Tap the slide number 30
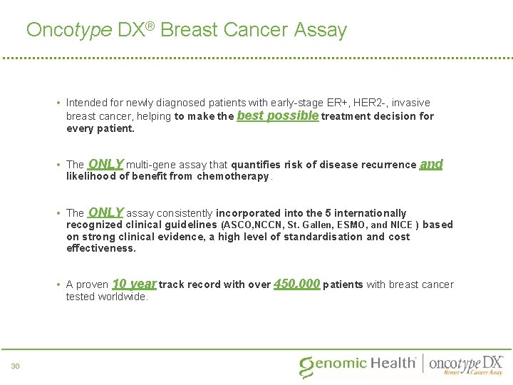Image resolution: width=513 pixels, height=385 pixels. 16,366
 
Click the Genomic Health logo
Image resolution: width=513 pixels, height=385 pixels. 358,364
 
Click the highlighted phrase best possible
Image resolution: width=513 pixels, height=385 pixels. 277,115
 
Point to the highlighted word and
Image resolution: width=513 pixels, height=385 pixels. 431,164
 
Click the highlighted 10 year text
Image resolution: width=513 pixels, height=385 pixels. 134,284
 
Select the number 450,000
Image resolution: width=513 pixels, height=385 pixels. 297,284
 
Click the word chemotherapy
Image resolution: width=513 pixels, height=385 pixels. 233,176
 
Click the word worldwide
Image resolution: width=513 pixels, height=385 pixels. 123,297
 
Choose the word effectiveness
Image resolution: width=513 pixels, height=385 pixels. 100,249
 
